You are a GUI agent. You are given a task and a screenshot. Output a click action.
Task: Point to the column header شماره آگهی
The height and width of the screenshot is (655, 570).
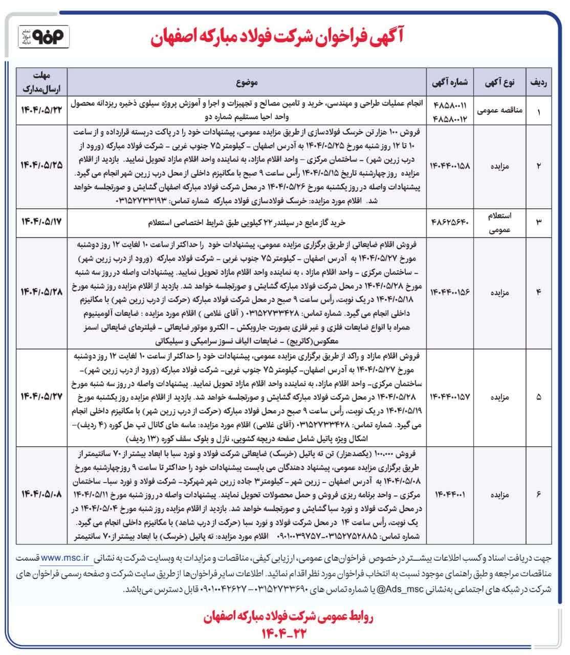451,81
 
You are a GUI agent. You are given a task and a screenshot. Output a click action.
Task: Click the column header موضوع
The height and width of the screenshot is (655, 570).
248,81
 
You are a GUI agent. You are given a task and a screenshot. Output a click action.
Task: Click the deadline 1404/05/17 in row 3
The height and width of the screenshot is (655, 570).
41,223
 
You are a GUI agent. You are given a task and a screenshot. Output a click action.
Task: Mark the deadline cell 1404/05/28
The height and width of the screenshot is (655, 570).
41,292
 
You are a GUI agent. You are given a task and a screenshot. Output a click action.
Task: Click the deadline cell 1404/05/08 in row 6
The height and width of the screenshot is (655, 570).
41,494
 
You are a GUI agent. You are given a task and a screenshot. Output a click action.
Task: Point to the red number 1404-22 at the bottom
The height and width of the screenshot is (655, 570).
285,634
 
